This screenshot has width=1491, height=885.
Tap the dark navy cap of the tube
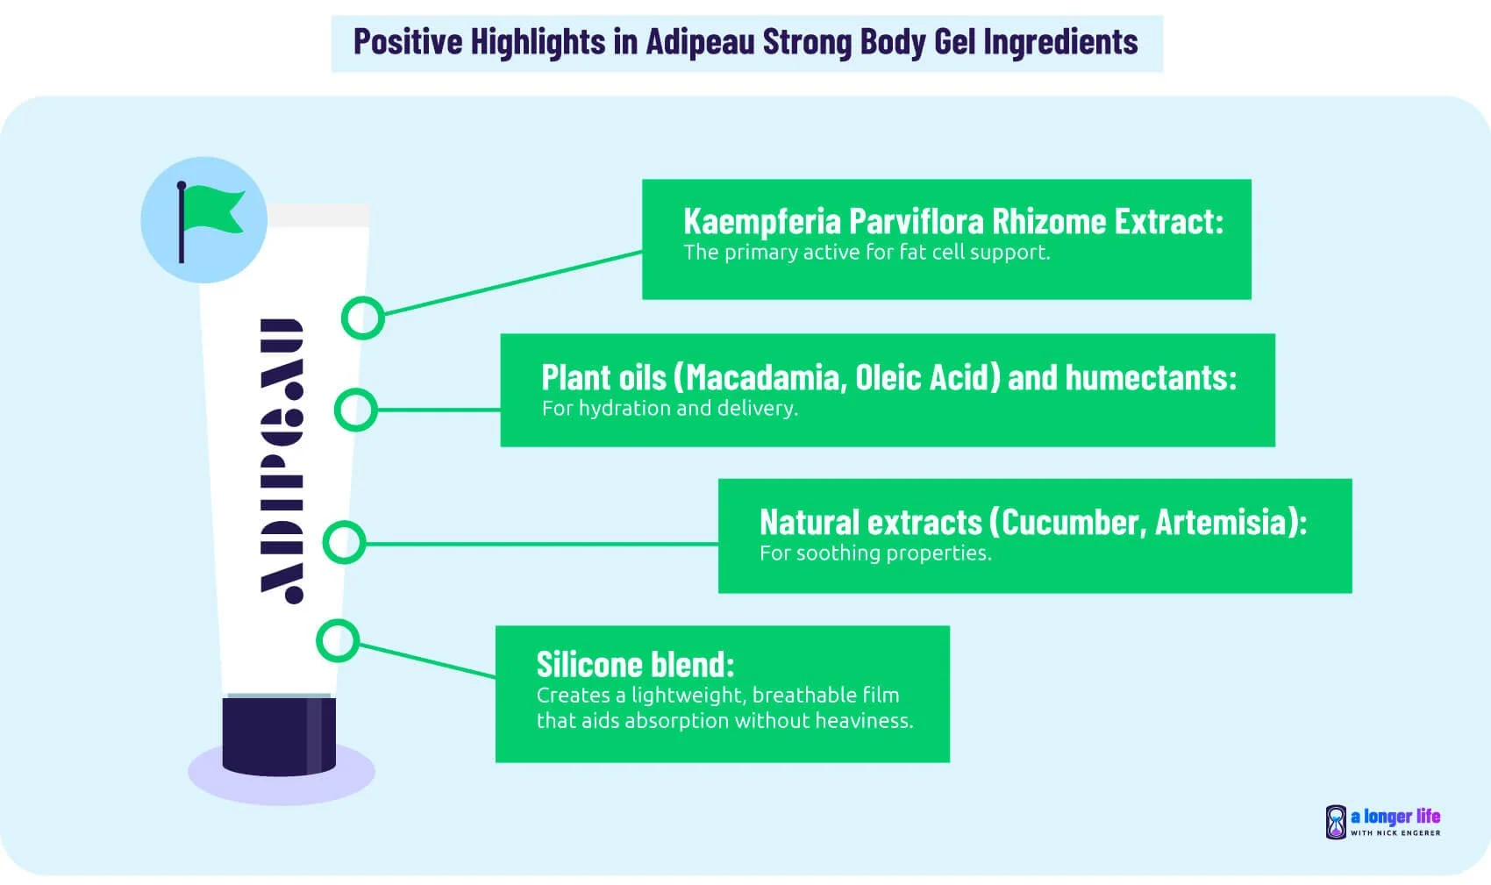point(279,736)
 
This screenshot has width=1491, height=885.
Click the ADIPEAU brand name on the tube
point(282,460)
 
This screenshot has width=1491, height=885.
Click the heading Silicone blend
point(635,664)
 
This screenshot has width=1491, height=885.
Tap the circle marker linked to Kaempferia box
point(362,318)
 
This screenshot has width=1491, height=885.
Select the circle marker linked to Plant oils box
point(356,410)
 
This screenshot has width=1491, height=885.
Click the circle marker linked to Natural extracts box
point(344,543)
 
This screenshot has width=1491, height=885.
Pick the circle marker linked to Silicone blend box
point(337,640)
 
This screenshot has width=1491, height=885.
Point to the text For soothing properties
point(874,553)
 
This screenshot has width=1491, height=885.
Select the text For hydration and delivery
point(669,409)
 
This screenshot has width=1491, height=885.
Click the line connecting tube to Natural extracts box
point(544,544)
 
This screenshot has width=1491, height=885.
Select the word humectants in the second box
point(1150,378)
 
